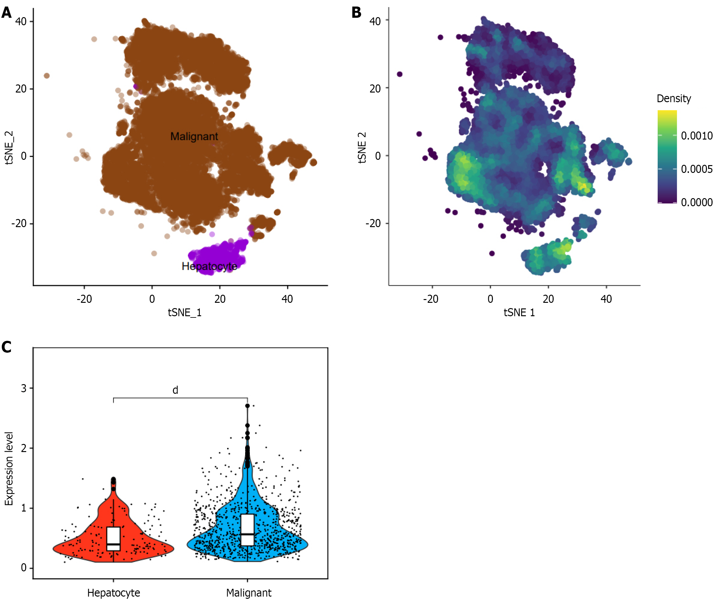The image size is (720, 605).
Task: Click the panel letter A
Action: (7, 13)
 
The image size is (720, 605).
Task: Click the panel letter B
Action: (356, 13)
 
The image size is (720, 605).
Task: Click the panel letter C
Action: (7, 347)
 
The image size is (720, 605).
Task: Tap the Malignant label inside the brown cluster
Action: (194, 136)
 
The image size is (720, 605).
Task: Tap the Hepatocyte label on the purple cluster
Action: (209, 266)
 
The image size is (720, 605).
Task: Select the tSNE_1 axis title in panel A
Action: (184, 312)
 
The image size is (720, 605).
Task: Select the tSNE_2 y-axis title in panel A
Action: (9, 147)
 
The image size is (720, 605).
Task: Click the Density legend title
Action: (673, 99)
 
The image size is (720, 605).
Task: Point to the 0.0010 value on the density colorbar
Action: (696, 136)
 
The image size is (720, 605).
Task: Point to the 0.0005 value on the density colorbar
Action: (696, 169)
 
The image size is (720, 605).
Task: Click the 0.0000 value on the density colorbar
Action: (696, 202)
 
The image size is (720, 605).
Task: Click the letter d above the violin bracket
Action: (175, 390)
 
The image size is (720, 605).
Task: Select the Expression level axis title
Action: (9, 469)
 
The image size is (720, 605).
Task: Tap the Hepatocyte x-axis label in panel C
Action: (113, 593)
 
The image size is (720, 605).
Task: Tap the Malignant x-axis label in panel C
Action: (248, 593)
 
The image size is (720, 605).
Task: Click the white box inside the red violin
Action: (113, 538)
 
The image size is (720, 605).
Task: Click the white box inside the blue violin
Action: (247, 530)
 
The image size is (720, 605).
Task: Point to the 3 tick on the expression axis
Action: (24, 388)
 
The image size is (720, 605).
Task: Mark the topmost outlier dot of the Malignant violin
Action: (247, 406)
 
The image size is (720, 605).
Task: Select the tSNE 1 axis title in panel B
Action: (519, 312)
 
